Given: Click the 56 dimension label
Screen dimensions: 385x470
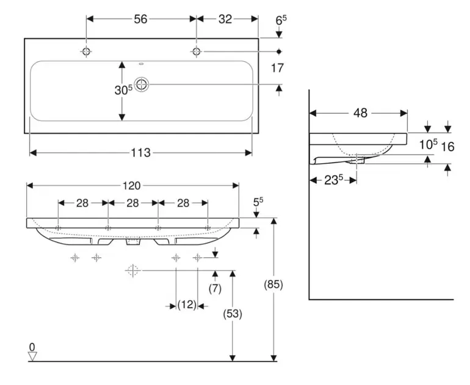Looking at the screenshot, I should tap(140, 19).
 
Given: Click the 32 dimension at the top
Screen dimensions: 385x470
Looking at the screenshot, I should tap(225, 19).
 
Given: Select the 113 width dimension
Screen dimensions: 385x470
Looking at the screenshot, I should tap(140, 153).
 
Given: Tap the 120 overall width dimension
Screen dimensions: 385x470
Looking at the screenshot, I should tap(133, 185).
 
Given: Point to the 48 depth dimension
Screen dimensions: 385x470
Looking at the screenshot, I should tap(360, 112).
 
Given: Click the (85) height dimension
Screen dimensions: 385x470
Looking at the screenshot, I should tap(273, 284).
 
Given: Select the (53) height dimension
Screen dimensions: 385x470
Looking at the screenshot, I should tap(233, 314).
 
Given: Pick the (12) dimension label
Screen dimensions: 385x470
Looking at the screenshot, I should tap(187, 304).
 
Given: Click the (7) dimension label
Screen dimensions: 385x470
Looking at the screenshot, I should tap(215, 288).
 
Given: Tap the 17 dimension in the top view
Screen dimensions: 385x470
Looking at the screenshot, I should tap(279, 68).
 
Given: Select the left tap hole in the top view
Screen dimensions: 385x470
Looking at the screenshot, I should tap(86, 52).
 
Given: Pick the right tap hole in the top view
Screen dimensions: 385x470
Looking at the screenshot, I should tap(196, 52).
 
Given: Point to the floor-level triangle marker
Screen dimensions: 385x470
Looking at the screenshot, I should tap(32, 356).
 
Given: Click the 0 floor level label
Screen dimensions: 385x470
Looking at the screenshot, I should tap(32, 346).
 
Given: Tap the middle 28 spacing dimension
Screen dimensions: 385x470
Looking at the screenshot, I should tap(132, 203).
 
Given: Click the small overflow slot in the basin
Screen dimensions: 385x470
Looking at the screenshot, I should tap(142, 63).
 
